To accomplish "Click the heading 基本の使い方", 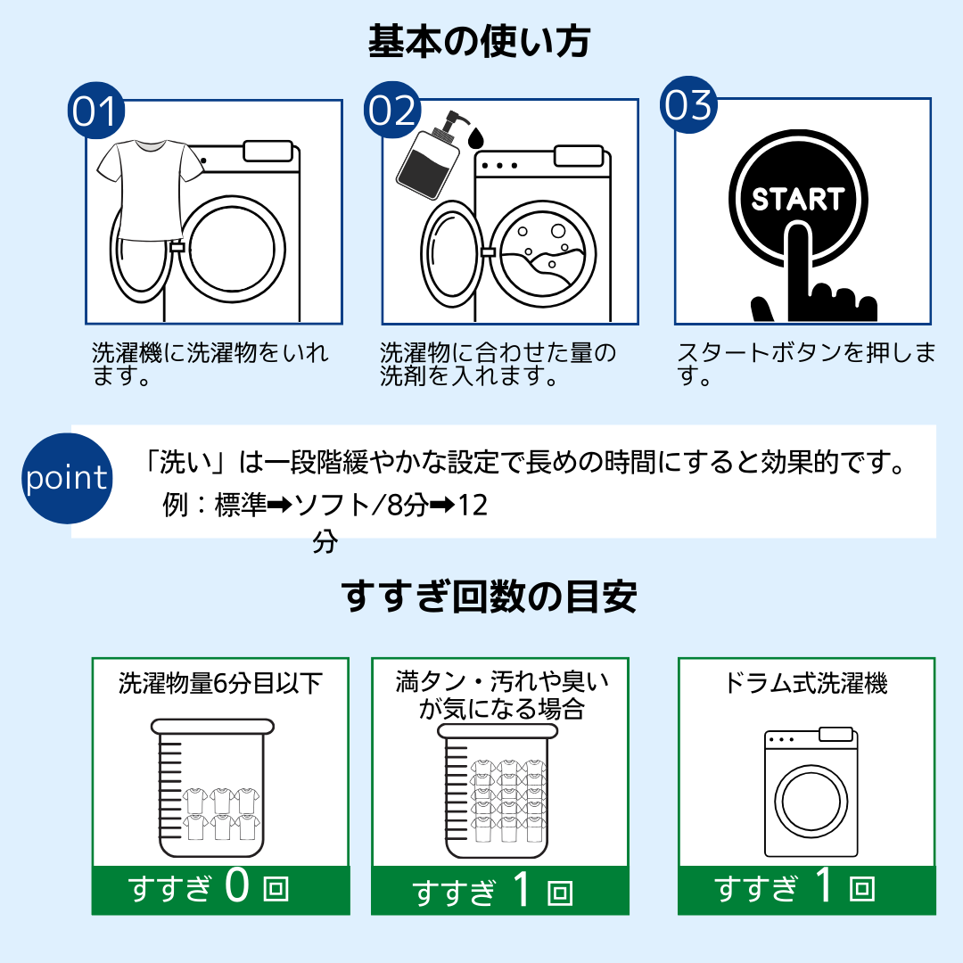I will [480, 42].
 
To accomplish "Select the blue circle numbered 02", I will [391, 111].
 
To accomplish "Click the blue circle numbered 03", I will [687, 106].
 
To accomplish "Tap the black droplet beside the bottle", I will [475, 137].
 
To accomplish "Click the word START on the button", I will [797, 199].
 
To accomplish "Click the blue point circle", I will [66, 478].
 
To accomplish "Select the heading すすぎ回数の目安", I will [489, 597].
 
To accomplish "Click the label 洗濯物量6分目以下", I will [220, 684].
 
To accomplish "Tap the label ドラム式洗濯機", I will [806, 684].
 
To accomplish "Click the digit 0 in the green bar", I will [237, 887].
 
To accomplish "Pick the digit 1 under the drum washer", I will [824, 887].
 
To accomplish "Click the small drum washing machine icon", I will [810, 793].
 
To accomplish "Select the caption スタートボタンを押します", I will [805, 364].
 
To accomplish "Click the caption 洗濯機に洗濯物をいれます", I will [210, 364].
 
